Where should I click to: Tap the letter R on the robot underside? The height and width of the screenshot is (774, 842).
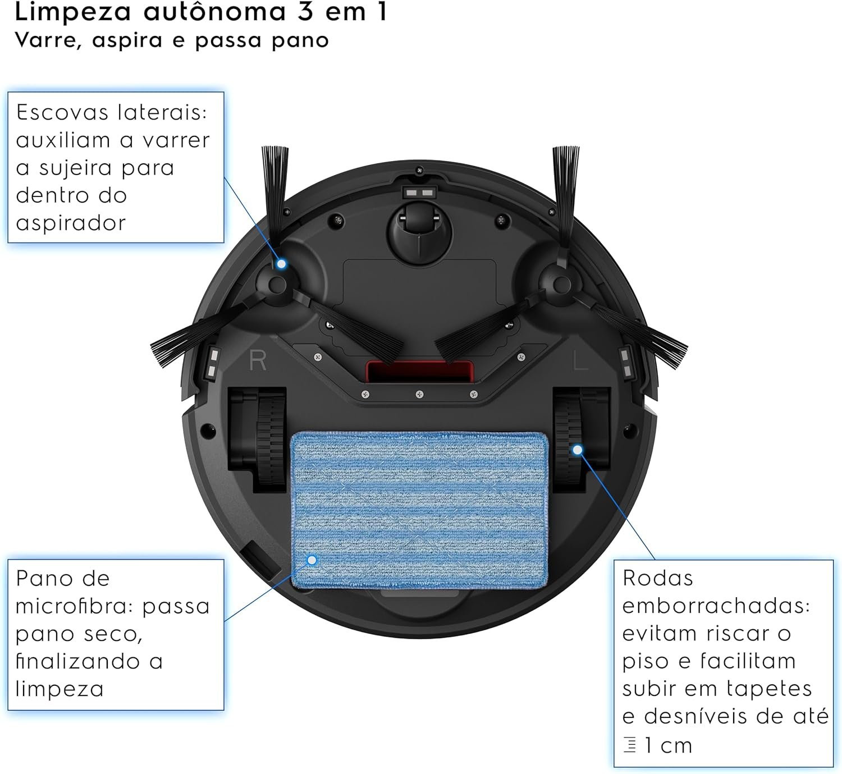[258, 361]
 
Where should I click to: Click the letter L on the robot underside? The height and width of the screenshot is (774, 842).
[580, 361]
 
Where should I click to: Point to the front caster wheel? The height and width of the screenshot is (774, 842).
[419, 230]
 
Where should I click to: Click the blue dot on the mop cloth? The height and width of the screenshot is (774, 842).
[312, 560]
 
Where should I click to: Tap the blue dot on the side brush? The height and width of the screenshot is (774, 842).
[282, 263]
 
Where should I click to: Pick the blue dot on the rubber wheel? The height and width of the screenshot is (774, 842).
[577, 450]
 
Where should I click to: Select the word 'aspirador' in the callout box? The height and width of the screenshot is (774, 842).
[71, 223]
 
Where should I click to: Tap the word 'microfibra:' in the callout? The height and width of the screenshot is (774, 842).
[75, 606]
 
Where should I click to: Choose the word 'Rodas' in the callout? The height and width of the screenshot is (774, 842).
[658, 578]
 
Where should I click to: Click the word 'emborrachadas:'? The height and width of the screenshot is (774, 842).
[716, 606]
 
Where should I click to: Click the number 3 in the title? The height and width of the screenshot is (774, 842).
[305, 12]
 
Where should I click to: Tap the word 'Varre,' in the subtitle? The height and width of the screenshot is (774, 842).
[49, 40]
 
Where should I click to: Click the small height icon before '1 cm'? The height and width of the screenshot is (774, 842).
[630, 745]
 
